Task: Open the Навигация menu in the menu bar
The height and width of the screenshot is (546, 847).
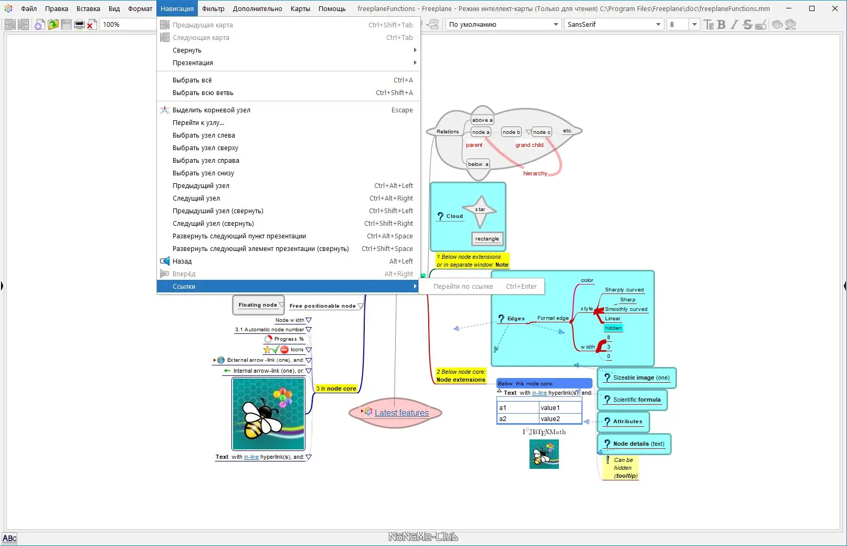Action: [x=177, y=8]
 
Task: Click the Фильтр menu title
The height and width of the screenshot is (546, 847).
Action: [x=213, y=8]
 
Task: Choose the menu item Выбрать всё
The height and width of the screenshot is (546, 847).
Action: [x=192, y=80]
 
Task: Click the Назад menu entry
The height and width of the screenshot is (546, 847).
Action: [x=182, y=261]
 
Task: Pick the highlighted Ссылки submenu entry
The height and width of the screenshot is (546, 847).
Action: [x=184, y=287]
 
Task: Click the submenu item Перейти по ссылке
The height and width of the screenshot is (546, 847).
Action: [x=463, y=287]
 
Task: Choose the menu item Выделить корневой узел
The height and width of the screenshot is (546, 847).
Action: [x=211, y=110]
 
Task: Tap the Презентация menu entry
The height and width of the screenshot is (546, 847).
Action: [x=193, y=63]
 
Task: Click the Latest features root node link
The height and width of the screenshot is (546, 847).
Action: [x=401, y=413]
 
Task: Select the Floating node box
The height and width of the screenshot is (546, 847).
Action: [x=258, y=305]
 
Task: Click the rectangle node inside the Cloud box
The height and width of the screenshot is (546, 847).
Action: [x=487, y=239]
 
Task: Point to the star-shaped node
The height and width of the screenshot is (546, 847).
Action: [x=480, y=210]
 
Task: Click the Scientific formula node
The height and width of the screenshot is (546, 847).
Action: [x=637, y=400]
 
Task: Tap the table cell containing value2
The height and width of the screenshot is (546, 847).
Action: [x=560, y=419]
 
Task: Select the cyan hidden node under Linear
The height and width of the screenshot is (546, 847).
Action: [x=613, y=328]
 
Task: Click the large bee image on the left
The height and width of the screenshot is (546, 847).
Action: [x=268, y=414]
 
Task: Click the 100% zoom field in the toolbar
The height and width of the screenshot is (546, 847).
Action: [x=126, y=25]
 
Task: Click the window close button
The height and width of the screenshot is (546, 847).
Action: [x=834, y=8]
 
